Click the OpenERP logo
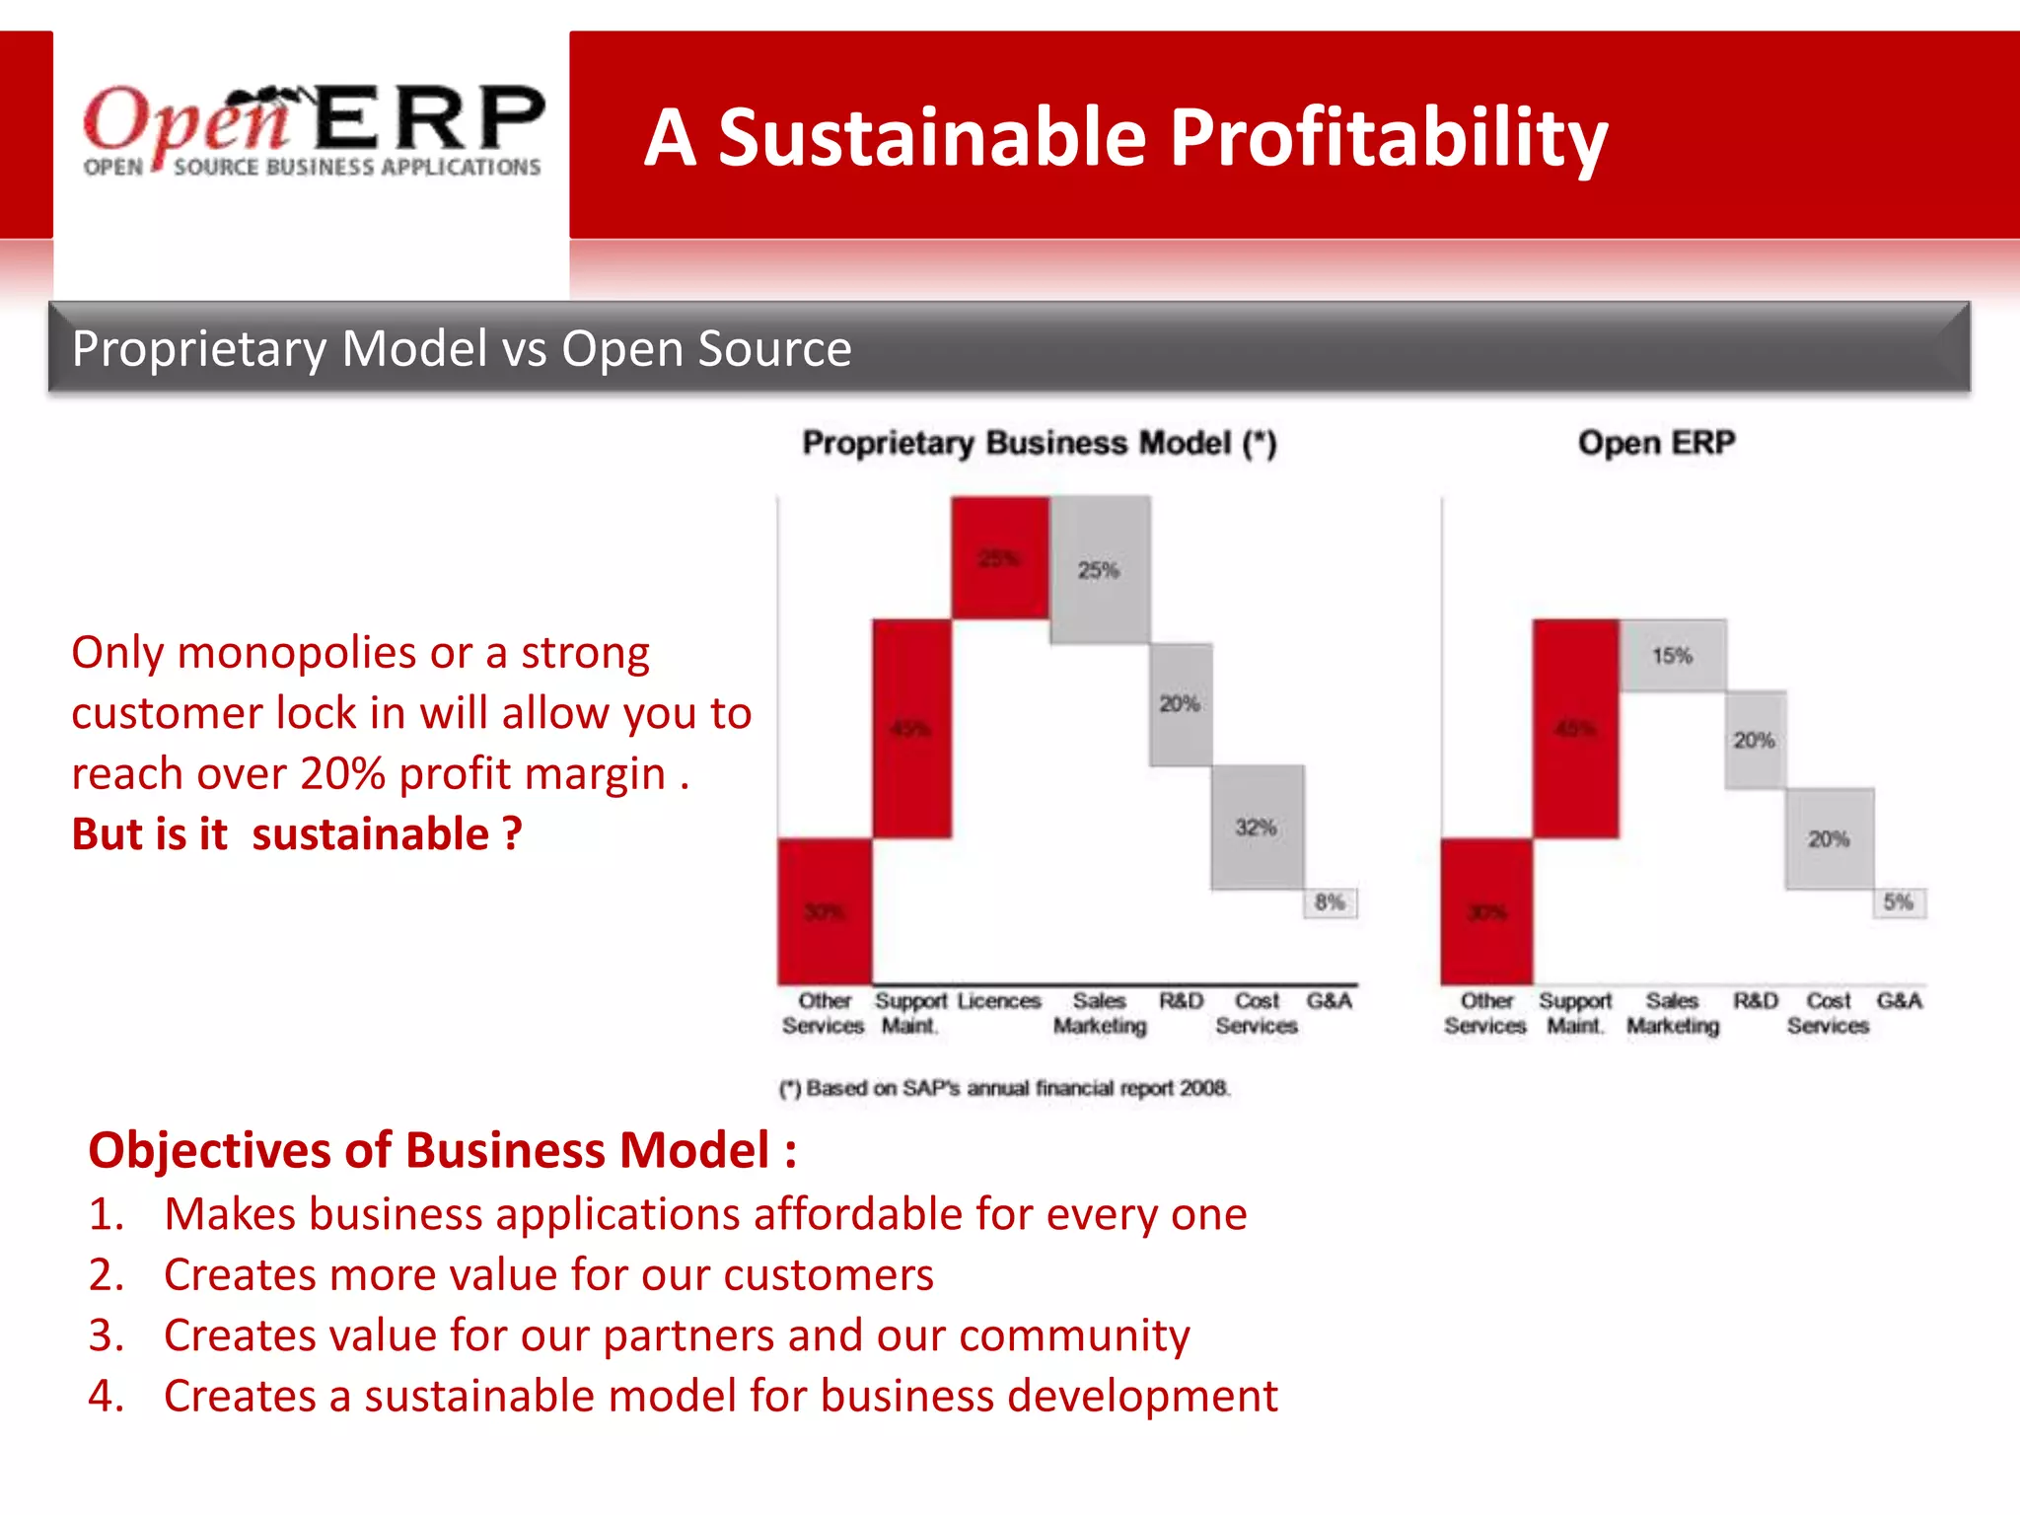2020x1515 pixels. point(313,130)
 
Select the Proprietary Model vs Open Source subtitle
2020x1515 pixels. point(462,349)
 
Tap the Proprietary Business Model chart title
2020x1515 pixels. point(1039,443)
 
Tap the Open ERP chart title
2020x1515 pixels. point(1656,443)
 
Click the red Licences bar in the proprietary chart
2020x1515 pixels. point(1000,558)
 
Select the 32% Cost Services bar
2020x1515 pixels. point(1258,827)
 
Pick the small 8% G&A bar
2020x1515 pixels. point(1330,902)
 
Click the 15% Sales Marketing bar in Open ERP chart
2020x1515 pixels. point(1673,656)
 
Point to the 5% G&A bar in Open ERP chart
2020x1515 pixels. point(1899,902)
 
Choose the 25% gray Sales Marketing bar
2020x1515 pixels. point(1100,570)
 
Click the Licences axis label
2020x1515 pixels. point(998,1001)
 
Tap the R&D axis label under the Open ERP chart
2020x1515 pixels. point(1756,1001)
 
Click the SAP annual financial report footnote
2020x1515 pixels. point(1004,1088)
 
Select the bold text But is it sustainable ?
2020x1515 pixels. point(297,834)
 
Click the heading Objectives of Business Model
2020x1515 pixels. point(442,1151)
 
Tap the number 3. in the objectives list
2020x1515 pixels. point(106,1335)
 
